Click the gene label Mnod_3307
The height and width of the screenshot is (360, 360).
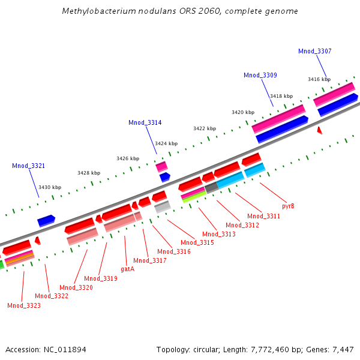coord(314,52)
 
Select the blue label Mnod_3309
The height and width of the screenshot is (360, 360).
coord(260,76)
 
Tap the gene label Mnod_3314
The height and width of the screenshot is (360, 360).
coord(145,123)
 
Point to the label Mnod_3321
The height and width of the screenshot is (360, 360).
coord(28,166)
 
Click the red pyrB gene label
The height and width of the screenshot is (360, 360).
coord(288,206)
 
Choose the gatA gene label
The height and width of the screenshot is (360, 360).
coord(127,269)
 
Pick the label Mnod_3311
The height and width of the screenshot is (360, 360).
coord(263,216)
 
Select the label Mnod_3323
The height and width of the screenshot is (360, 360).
coord(24,306)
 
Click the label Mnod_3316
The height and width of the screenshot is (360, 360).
coord(174,252)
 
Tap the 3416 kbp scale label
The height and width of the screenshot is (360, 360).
coord(319,79)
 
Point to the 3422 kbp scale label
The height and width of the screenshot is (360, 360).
coord(205,129)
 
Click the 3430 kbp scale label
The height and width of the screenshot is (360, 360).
coord(50,187)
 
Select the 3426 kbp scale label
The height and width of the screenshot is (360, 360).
coord(127,158)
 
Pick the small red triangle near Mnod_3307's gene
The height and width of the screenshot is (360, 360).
coord(320,130)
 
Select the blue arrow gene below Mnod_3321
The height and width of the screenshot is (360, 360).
coord(46,221)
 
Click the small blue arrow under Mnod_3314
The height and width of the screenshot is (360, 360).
coord(164,177)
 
